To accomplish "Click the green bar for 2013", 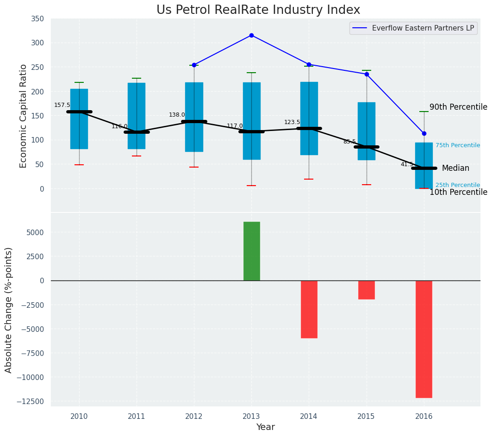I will coord(252,251).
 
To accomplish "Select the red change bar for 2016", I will coord(424,339).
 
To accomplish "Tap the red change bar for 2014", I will coord(309,309).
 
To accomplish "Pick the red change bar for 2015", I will coord(367,290).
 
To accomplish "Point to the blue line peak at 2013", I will coord(251,35).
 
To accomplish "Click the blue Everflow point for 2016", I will coord(424,133).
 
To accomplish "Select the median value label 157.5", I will coord(62,105).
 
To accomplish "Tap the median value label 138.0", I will coord(177,115).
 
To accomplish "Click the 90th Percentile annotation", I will coord(458,107).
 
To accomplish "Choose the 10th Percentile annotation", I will coord(458,192).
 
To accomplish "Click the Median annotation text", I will coord(455,168).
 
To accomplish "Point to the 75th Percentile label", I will coord(458,145).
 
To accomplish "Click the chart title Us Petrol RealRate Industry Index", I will coord(258,10).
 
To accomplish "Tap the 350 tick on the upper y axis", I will coord(37,19).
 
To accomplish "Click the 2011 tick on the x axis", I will coord(137,416).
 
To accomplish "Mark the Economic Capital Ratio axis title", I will coord(24,115).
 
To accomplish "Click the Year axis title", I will coord(265,427).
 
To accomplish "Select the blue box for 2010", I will coord(79,119).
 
